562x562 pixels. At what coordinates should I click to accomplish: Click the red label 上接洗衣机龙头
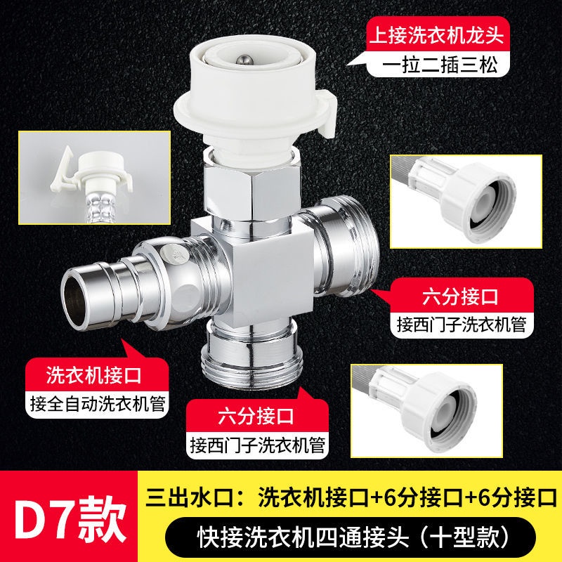[x=437, y=35]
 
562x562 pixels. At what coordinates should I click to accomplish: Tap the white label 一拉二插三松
[x=440, y=65]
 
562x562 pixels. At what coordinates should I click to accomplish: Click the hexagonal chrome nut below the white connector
[x=251, y=192]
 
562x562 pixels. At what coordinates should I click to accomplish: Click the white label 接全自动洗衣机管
[x=97, y=404]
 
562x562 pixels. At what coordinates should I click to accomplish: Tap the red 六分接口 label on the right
[x=461, y=296]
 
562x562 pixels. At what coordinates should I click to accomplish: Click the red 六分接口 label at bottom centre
[x=256, y=416]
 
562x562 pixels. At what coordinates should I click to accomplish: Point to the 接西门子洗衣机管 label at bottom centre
[x=257, y=445]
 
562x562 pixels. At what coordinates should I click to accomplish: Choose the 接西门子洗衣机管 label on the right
[x=462, y=325]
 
